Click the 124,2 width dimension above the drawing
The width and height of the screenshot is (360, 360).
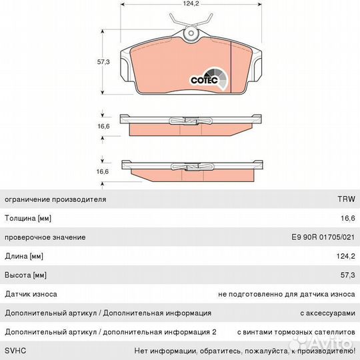click(x=191, y=4)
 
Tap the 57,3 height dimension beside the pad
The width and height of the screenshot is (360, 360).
click(x=103, y=62)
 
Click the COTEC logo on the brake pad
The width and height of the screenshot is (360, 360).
click(x=209, y=79)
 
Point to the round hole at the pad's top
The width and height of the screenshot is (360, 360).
click(x=191, y=33)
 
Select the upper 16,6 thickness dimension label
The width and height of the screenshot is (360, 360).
click(x=103, y=126)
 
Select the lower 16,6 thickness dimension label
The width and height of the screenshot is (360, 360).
click(x=103, y=171)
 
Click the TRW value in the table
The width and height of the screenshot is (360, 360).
click(x=346, y=199)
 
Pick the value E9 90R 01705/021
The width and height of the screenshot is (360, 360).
click(x=323, y=237)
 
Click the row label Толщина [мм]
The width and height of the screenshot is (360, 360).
click(x=28, y=218)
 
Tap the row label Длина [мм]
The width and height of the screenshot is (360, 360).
click(x=24, y=256)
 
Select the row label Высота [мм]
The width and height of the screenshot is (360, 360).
click(x=26, y=275)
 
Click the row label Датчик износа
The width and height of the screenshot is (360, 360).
click(x=31, y=294)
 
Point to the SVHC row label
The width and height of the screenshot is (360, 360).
click(x=15, y=351)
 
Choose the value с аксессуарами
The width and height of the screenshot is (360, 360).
click(x=327, y=313)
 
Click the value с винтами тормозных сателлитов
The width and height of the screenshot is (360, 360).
click(x=296, y=332)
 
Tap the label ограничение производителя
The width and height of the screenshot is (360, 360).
click(x=55, y=199)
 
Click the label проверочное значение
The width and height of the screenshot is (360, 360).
click(x=45, y=237)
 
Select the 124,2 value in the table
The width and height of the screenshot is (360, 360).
click(x=346, y=256)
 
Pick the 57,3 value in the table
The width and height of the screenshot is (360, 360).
click(x=348, y=275)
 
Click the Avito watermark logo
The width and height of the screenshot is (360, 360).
click(x=321, y=344)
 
